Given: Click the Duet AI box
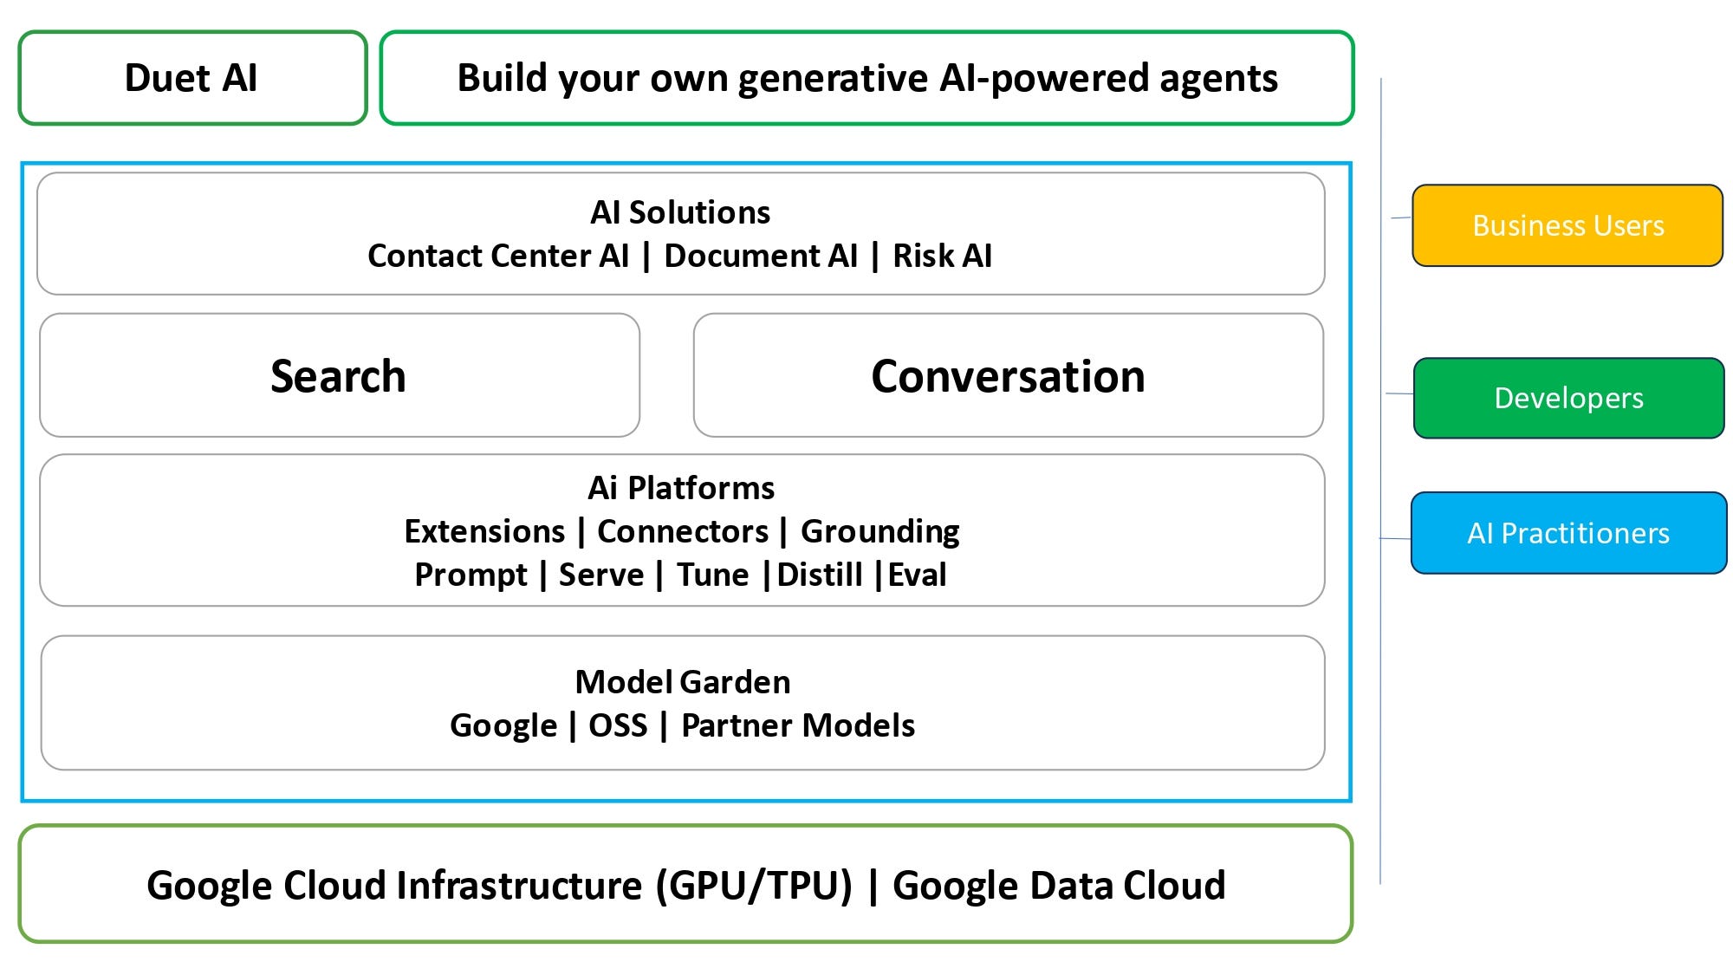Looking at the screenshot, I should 191,78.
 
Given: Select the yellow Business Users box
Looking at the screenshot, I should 1567,225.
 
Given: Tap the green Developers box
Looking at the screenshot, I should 1568,398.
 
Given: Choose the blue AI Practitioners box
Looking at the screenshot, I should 1568,533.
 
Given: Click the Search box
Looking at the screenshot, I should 339,376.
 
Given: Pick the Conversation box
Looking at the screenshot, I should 1008,376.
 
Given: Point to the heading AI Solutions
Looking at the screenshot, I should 680,212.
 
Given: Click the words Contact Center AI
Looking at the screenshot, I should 498,256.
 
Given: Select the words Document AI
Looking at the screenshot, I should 761,256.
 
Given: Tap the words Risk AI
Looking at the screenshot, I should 942,256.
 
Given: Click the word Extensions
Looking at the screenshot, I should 484,531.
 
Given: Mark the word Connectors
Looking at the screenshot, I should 683,531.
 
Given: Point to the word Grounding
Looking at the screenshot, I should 879,531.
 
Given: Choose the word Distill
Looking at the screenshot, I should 820,575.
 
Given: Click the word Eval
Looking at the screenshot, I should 917,575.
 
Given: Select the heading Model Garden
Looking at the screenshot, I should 683,682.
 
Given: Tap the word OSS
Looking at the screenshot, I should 618,725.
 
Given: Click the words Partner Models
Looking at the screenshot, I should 798,725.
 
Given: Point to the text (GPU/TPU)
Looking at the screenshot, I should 754,886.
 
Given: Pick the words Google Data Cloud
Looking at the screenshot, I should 1059,886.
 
